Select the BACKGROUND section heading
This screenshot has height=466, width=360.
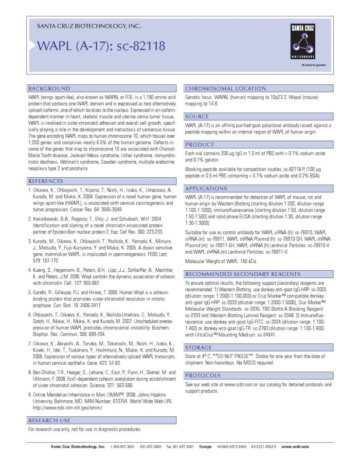tap(49, 89)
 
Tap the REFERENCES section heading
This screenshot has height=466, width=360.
tap(49, 181)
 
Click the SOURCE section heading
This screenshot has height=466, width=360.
tap(197, 117)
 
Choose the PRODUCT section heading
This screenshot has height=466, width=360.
tap(199, 145)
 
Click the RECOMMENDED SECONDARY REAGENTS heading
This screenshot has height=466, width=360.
tap(242, 274)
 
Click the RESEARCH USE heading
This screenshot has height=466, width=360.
tap(49, 420)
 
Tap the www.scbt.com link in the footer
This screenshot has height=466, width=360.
tap(295, 447)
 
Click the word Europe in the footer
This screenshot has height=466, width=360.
tap(205, 447)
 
